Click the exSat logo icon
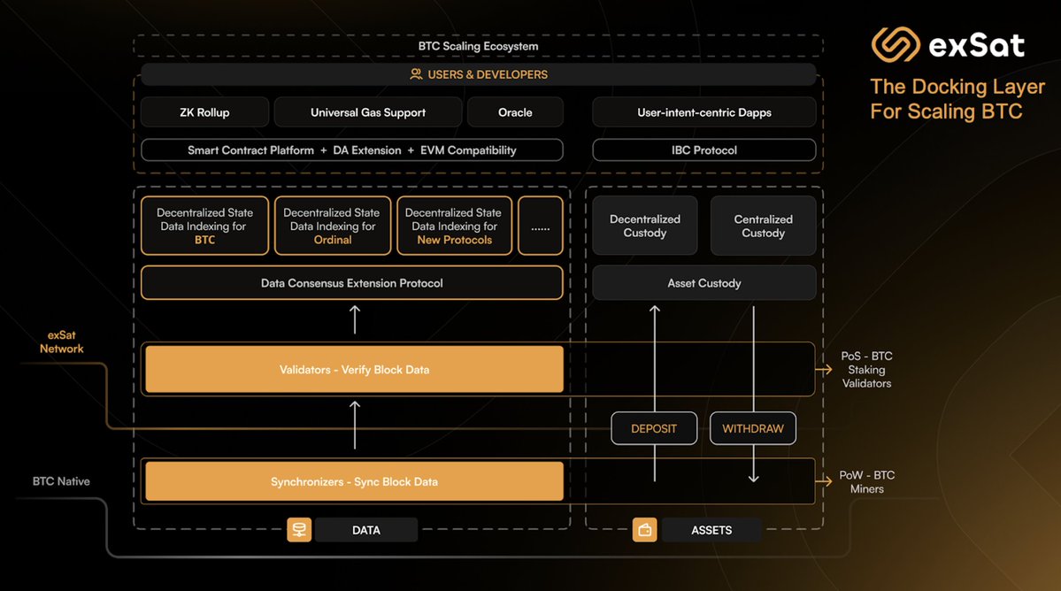896,44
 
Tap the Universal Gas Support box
368,112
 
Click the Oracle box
515,112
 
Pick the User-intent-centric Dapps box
704,112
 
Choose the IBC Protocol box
704,150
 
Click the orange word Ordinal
333,240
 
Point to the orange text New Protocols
454,240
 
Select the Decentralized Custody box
645,226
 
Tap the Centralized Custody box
763,226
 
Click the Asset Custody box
704,283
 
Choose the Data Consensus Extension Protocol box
352,283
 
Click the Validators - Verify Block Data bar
354,369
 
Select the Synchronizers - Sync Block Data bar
354,481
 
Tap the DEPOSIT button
654,428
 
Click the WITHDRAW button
753,428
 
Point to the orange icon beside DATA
299,530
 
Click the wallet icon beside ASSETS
644,530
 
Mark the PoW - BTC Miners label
866,481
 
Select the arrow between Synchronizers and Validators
355,425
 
